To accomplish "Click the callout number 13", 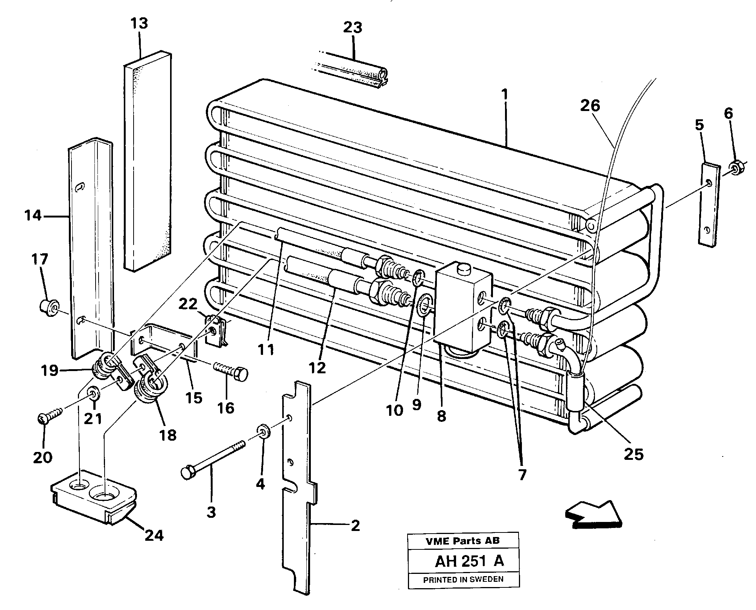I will (139, 24).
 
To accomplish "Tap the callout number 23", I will (353, 27).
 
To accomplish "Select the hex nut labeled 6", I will (735, 167).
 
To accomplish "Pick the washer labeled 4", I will (263, 431).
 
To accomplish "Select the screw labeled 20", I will (49, 415).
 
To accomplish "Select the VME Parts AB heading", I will (462, 541).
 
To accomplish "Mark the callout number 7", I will (522, 475).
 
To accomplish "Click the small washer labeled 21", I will (93, 394).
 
